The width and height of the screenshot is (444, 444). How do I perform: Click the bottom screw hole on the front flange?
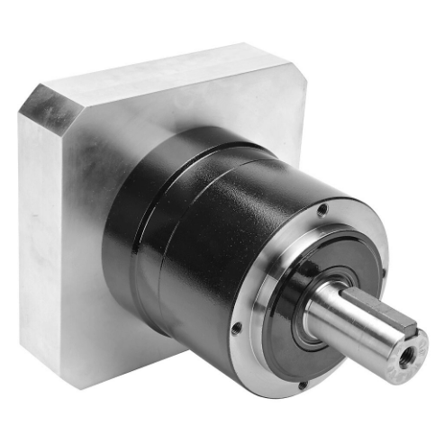pyautogui.click(x=303, y=385)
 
